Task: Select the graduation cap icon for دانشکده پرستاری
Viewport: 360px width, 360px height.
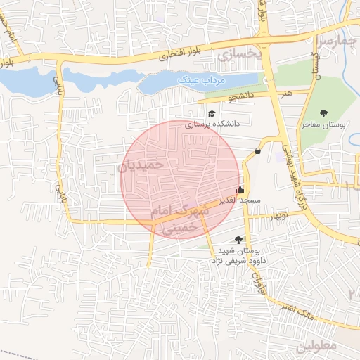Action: (x=211, y=114)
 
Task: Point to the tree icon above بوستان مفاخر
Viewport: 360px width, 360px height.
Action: (x=323, y=113)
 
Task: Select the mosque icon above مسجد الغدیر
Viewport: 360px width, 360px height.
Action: (x=240, y=189)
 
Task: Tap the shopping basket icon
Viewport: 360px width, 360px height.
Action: (x=258, y=150)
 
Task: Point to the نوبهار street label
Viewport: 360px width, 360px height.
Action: (x=272, y=216)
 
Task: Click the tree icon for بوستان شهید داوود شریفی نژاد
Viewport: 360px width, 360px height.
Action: (x=239, y=240)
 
